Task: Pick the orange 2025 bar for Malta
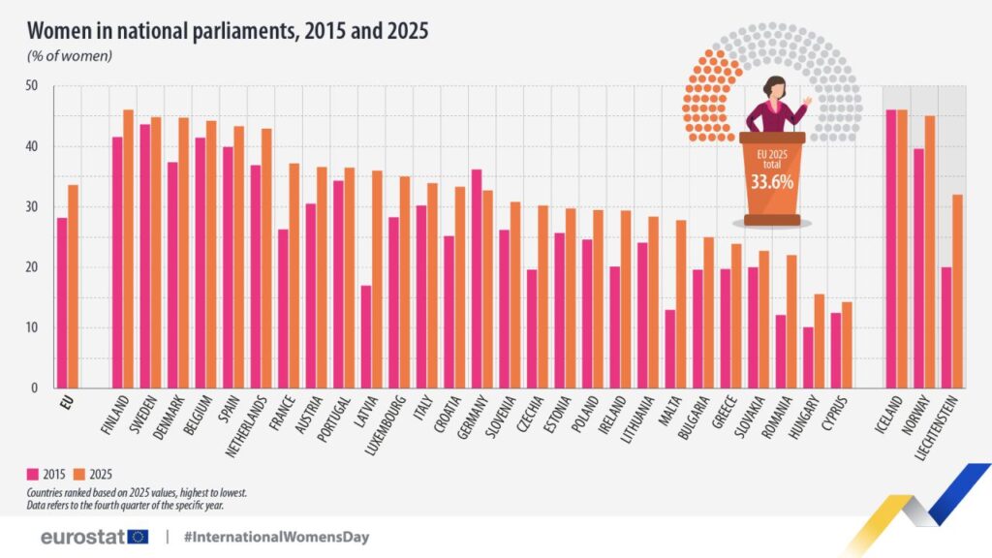coord(681,304)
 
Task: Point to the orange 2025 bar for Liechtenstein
coord(957,292)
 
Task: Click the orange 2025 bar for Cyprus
coord(847,345)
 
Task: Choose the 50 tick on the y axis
coord(31,86)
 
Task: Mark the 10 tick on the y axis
coord(31,327)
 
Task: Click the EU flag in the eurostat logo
coord(138,536)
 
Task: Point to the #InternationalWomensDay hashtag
coord(276,536)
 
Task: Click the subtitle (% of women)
coord(70,55)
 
